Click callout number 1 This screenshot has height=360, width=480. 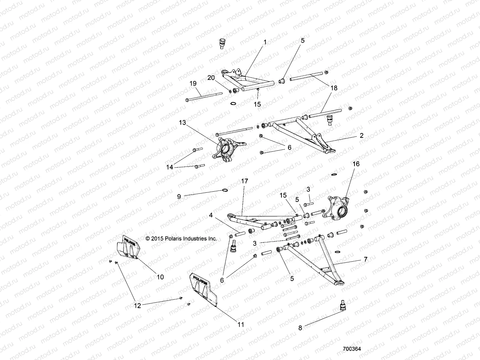tap(265, 43)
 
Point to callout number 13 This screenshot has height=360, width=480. tap(191, 123)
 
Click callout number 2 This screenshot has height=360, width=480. tap(361, 136)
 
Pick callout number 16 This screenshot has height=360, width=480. tap(356, 164)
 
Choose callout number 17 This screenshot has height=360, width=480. tap(244, 181)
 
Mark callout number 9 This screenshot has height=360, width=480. tap(179, 197)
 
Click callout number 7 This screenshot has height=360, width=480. tap(365, 259)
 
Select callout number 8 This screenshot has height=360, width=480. tap(300, 328)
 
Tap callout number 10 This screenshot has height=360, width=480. tap(160, 277)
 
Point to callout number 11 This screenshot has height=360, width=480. tap(241, 325)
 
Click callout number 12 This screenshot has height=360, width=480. tap(137, 305)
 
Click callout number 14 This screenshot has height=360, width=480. tap(170, 167)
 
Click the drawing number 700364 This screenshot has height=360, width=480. tap(352, 349)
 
